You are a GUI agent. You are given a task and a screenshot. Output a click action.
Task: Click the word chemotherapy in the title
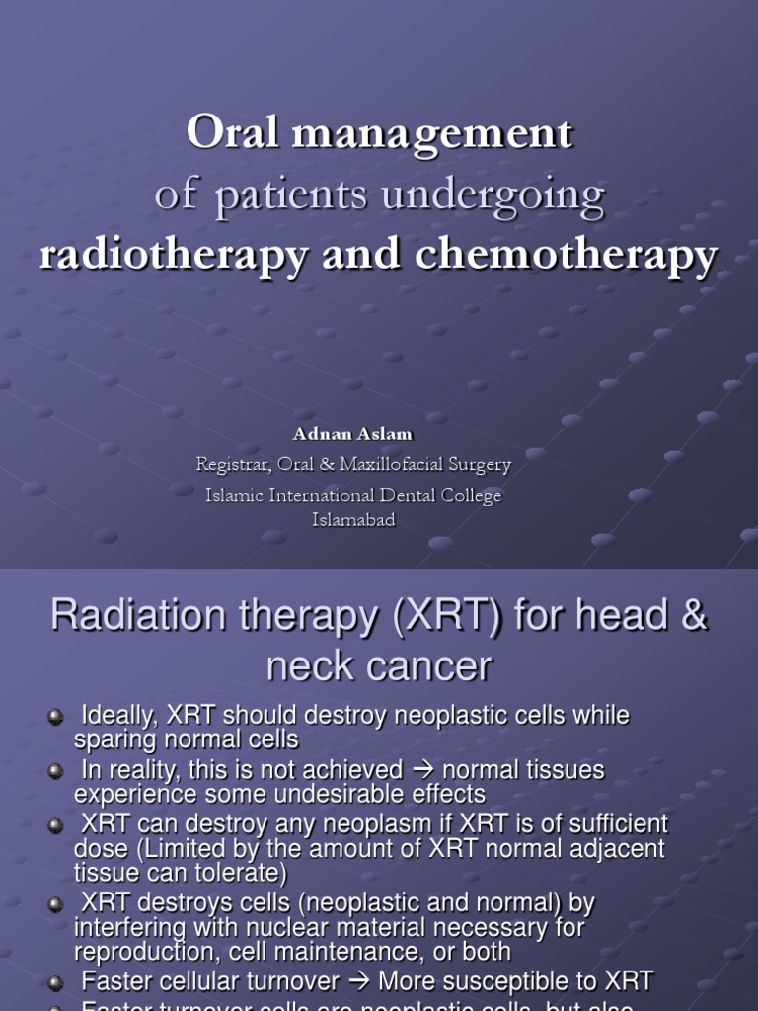click(566, 256)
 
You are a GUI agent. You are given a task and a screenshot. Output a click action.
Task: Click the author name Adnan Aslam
click(352, 434)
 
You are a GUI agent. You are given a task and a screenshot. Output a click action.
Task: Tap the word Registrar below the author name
click(233, 464)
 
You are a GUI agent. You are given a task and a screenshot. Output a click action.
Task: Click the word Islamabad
click(353, 520)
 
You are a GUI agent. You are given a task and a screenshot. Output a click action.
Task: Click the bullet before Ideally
click(56, 718)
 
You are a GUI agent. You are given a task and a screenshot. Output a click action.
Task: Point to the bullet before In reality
click(56, 772)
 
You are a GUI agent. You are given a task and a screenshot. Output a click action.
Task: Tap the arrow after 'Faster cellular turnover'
click(359, 980)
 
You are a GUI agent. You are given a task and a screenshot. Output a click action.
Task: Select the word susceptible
click(508, 980)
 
